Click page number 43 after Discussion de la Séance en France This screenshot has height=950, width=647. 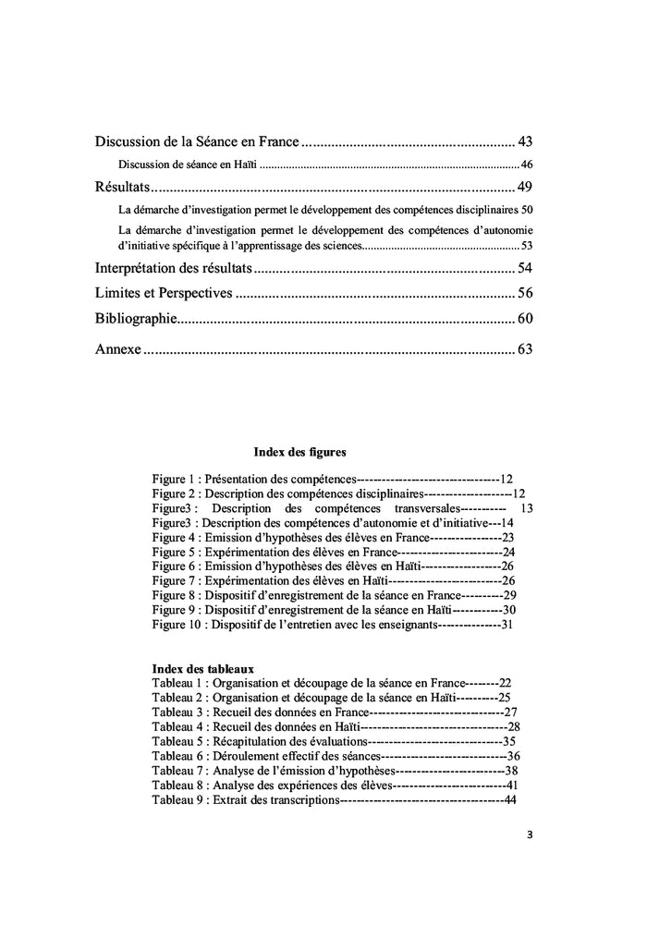[x=525, y=142]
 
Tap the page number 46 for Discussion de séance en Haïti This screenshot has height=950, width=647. [x=527, y=164]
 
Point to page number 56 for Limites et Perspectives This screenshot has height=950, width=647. [x=525, y=294]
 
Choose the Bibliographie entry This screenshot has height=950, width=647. [x=135, y=319]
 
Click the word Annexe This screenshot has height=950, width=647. [x=117, y=350]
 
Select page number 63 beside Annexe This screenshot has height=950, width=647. [x=525, y=350]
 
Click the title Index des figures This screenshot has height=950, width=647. [x=299, y=453]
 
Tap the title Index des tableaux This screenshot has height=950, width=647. [x=203, y=668]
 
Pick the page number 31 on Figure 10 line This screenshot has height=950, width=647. [x=507, y=625]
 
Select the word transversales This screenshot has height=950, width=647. [x=426, y=508]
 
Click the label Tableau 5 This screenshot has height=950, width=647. [x=177, y=741]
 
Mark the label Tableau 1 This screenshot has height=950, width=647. [x=177, y=682]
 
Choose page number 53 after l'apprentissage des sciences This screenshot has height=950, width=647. [x=527, y=246]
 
